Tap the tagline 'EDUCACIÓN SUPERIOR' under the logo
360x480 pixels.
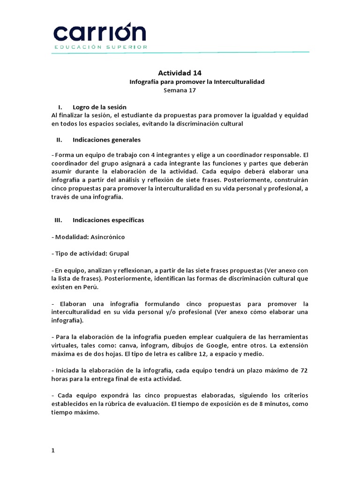point(101,47)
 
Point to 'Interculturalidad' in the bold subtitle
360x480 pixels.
point(239,82)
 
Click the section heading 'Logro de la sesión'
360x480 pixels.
point(99,107)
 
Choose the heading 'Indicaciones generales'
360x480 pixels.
point(106,140)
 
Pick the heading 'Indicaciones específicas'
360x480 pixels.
point(108,220)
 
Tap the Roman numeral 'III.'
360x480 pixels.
point(59,220)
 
